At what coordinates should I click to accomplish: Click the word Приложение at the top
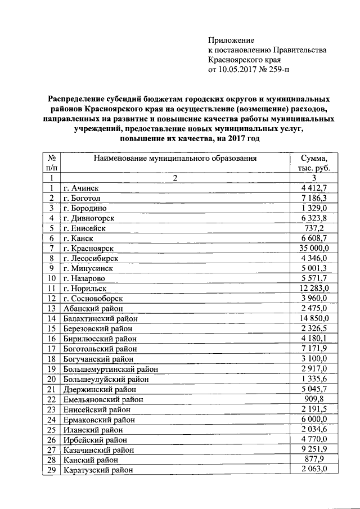231,40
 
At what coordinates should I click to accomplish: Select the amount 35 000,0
318,248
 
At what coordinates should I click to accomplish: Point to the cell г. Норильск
86,288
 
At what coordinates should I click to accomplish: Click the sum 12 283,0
318,288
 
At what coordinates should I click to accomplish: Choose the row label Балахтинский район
101,318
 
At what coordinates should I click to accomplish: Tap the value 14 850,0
318,318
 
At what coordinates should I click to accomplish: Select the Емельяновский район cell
103,399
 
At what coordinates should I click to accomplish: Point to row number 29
51,470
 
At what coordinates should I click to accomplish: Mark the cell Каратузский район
99,470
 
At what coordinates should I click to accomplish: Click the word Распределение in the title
76,98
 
